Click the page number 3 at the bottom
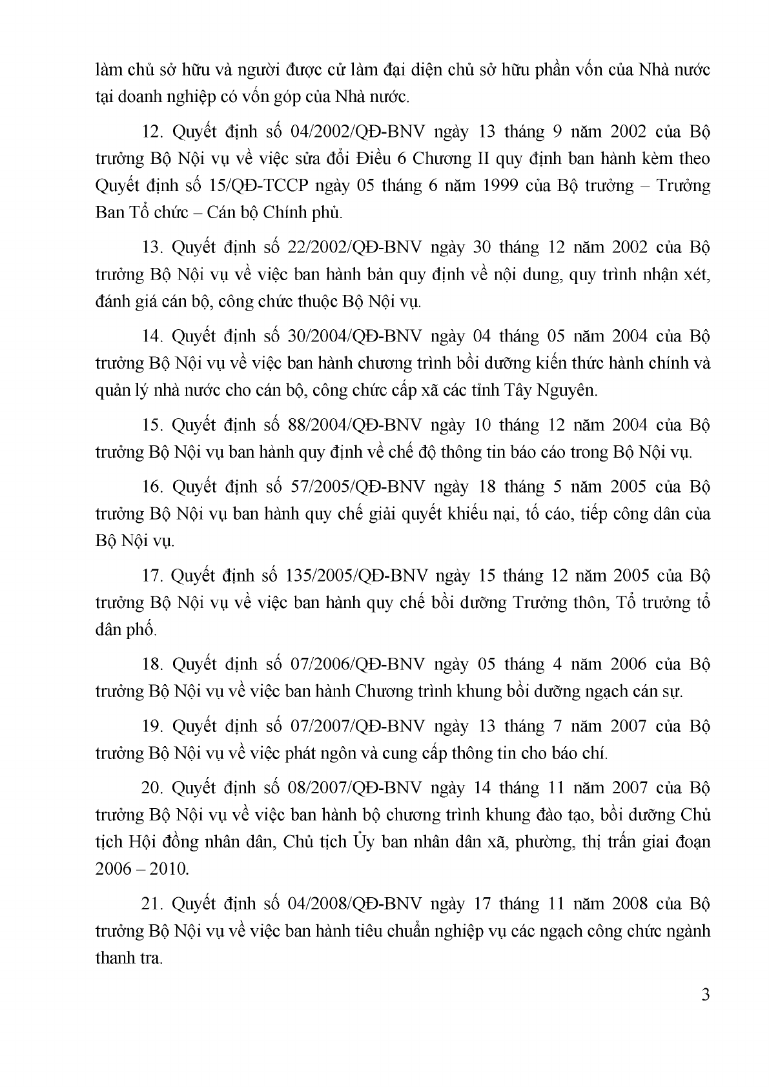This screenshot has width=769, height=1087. coord(705,995)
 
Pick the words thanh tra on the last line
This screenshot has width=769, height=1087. coord(127,958)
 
